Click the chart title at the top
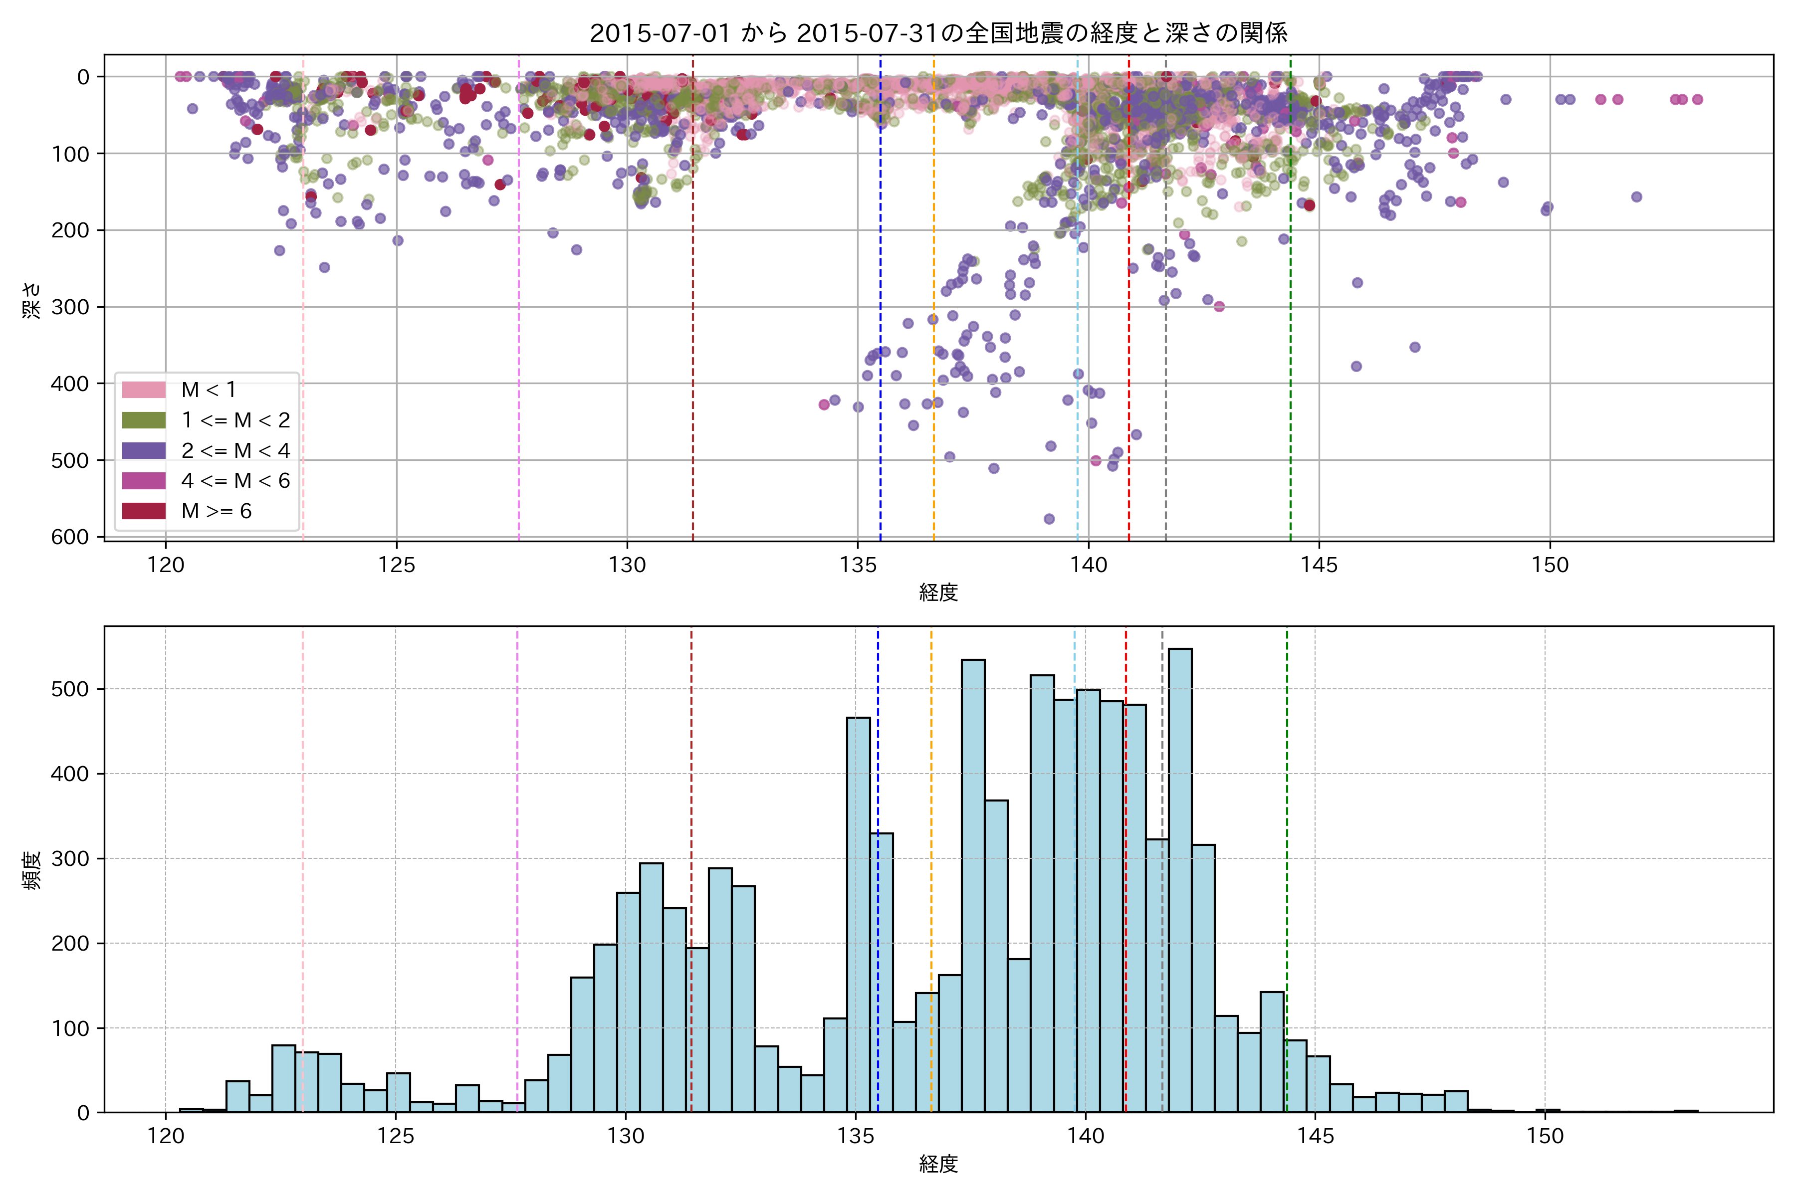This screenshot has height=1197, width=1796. click(938, 33)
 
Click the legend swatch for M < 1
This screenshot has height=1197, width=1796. click(144, 390)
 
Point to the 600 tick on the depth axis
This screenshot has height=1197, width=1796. click(70, 537)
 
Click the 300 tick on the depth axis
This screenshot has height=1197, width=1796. click(70, 307)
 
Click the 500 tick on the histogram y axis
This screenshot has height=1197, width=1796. click(70, 689)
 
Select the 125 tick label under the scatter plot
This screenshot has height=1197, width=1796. click(396, 566)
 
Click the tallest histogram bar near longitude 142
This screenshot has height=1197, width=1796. click(1180, 878)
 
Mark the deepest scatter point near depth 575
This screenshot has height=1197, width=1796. click(1049, 519)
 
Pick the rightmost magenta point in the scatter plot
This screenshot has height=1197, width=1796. click(1698, 99)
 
